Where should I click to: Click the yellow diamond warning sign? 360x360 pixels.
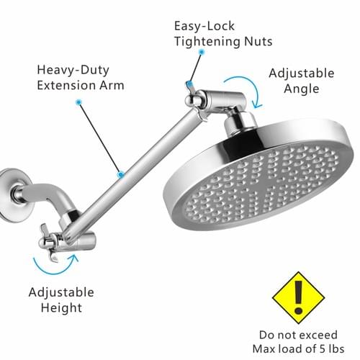click(298, 297)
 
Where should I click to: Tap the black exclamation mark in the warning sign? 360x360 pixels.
click(298, 297)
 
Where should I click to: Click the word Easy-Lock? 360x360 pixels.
click(204, 26)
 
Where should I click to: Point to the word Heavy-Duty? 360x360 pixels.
click(73, 71)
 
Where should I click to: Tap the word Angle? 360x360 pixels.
click(302, 89)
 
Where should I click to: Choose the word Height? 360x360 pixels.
click(61, 307)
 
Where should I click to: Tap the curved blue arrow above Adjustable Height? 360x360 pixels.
click(55, 269)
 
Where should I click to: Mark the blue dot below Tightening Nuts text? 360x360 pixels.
click(202, 52)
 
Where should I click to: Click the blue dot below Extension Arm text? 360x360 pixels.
click(78, 102)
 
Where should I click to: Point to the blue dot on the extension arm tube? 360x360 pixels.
click(121, 174)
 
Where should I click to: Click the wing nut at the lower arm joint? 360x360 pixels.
click(49, 243)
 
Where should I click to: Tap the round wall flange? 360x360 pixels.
click(12, 195)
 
